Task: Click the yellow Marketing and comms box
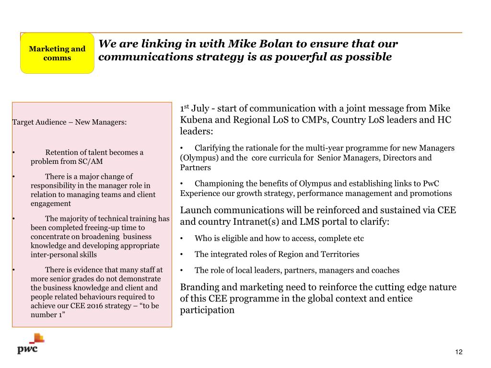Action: click(57, 53)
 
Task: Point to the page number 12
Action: click(459, 353)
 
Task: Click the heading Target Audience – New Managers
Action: click(69, 122)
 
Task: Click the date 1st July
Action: click(195, 109)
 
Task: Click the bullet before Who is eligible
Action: click(182, 239)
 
